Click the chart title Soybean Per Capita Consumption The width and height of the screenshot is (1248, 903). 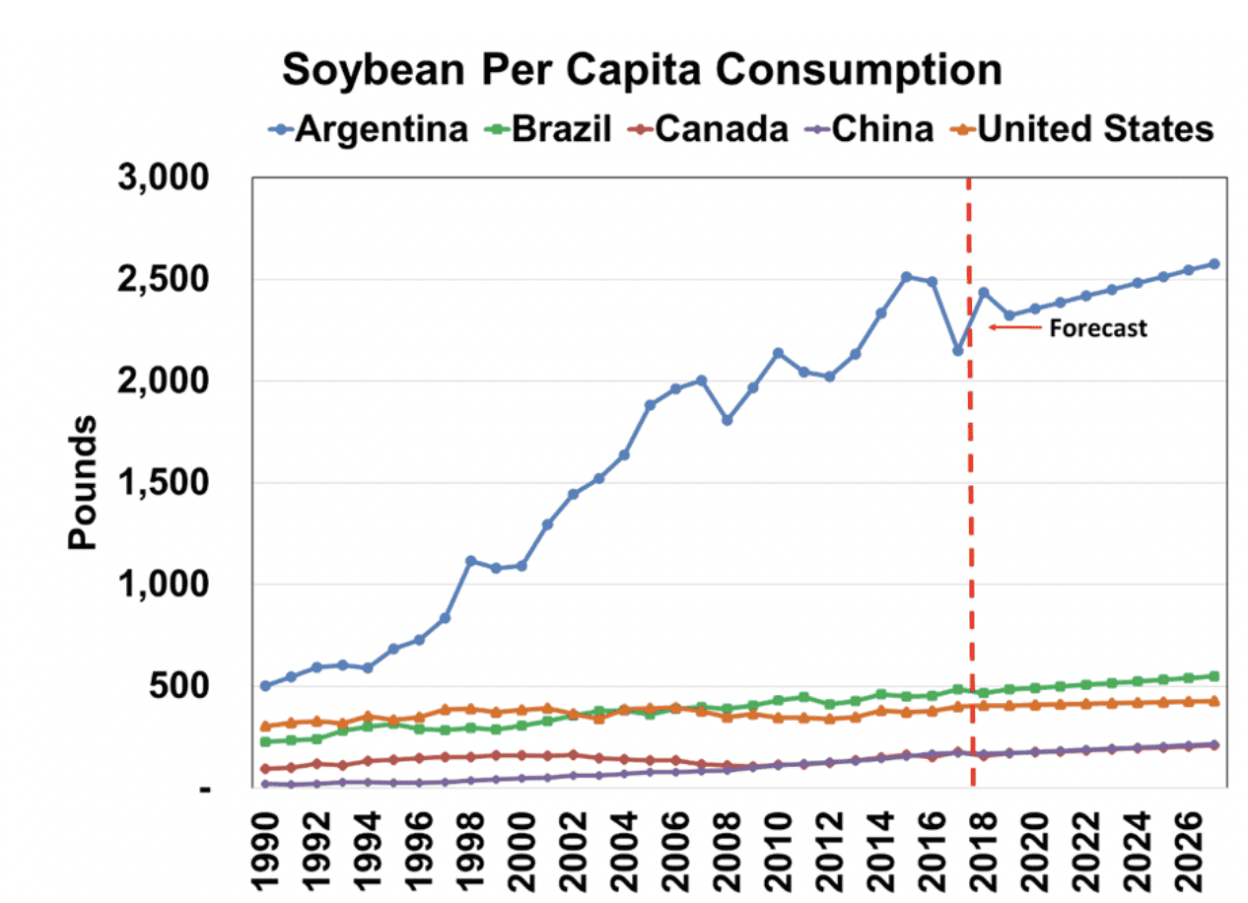642,71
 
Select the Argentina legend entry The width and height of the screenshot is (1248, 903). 381,129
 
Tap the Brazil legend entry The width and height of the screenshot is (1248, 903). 561,129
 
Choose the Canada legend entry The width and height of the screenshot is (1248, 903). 721,129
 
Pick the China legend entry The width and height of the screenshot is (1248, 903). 881,129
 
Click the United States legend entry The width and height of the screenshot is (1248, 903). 1094,129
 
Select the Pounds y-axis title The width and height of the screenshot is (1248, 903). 84,482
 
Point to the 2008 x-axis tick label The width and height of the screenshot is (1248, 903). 728,851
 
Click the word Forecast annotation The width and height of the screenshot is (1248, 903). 1097,328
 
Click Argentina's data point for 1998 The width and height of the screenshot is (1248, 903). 471,561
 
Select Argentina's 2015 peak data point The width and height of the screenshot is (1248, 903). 907,276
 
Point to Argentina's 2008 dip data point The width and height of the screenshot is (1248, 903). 728,420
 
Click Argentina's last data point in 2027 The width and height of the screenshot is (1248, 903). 1214,263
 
